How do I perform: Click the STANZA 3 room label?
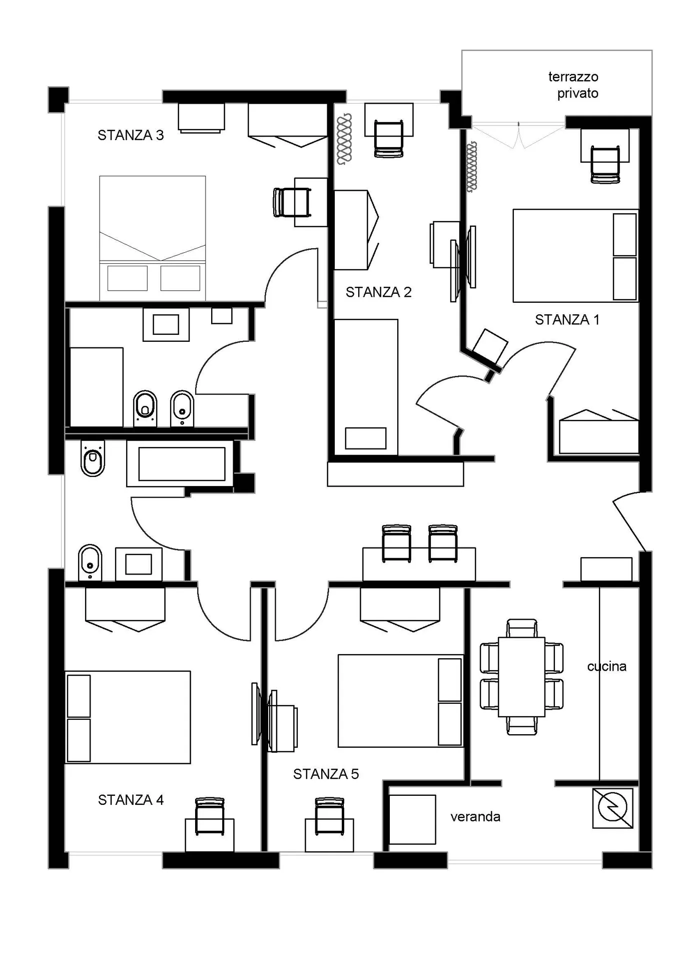click(x=131, y=135)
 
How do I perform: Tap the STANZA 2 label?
click(x=379, y=292)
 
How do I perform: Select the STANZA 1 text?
click(x=567, y=320)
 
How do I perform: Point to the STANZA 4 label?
click(x=131, y=800)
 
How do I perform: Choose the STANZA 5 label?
click(x=326, y=774)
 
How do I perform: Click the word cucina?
click(x=607, y=667)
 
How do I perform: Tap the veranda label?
click(x=475, y=817)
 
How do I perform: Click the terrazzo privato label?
click(x=573, y=85)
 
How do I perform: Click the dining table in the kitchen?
click(x=521, y=677)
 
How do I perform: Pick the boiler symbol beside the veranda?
click(x=612, y=808)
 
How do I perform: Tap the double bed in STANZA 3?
click(x=153, y=238)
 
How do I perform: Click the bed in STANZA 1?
click(x=575, y=256)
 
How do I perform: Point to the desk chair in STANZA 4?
click(x=210, y=816)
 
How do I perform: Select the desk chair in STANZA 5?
click(x=330, y=816)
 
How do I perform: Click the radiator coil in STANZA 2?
click(x=344, y=139)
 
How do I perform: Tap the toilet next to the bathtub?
click(x=92, y=458)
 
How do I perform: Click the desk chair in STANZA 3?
click(x=292, y=202)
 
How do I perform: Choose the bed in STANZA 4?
click(x=128, y=717)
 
